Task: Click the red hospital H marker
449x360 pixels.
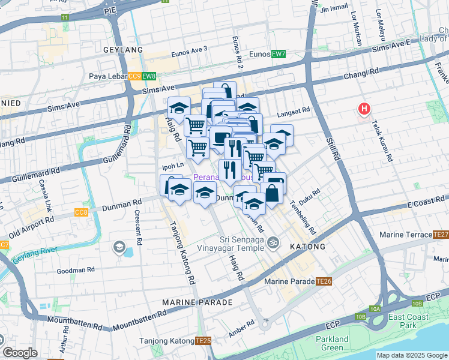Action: coord(364,109)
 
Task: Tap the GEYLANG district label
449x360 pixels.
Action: coord(123,50)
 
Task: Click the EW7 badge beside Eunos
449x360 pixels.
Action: coord(278,54)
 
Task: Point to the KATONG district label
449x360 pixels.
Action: coord(308,247)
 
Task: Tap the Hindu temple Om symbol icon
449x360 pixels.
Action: coord(273,243)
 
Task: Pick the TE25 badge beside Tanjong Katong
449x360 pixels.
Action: coord(203,341)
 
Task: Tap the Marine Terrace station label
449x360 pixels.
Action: coord(405,235)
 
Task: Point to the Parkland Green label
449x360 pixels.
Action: coord(331,343)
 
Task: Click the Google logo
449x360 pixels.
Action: coord(20,353)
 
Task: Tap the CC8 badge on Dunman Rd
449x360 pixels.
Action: coord(81,212)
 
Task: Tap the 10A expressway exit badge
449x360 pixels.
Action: coord(375,309)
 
